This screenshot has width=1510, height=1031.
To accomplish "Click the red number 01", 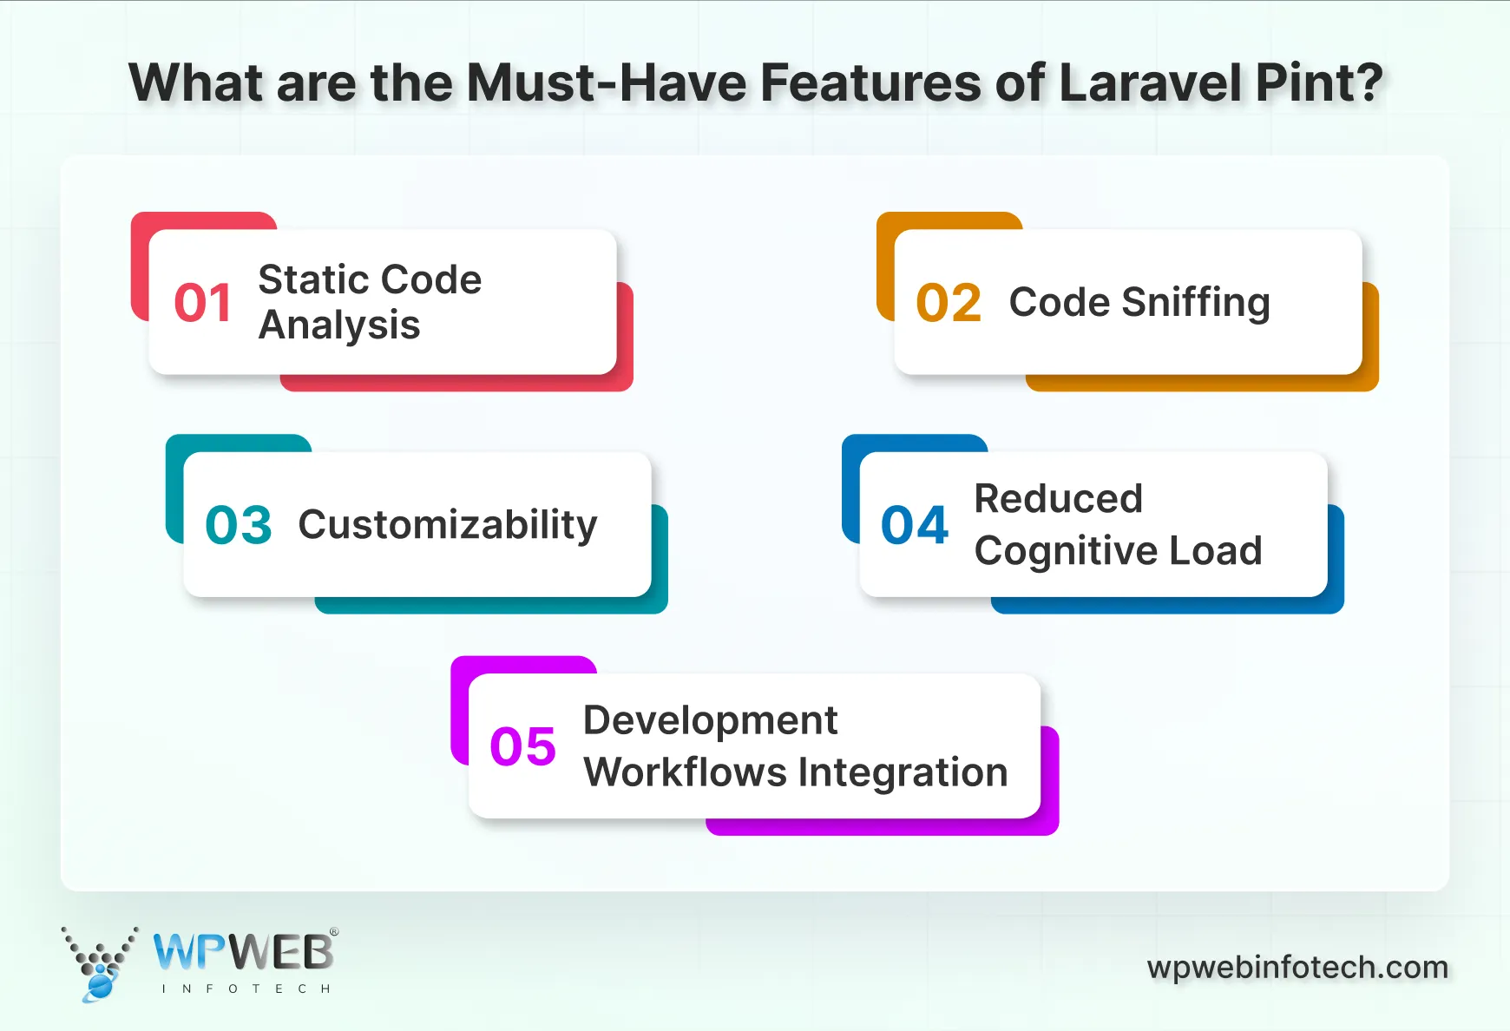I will pyautogui.click(x=203, y=303).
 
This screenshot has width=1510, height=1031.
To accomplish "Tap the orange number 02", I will pyautogui.click(x=949, y=303).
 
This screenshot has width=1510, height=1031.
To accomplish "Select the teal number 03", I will pyautogui.click(x=239, y=525).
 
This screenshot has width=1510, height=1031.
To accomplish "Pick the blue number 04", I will pyautogui.click(x=915, y=525).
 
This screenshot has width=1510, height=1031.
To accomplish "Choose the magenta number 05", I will pyautogui.click(x=522, y=746).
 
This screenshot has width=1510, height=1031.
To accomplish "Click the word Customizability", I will pyautogui.click(x=448, y=524).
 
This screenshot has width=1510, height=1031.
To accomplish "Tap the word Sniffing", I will pyautogui.click(x=1195, y=303).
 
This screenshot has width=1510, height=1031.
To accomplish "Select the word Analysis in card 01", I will pyautogui.click(x=339, y=325).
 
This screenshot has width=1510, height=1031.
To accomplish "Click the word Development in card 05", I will pyautogui.click(x=710, y=720).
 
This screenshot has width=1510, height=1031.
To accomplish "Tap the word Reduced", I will pyautogui.click(x=1058, y=499).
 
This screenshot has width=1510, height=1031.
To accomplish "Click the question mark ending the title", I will pyautogui.click(x=1367, y=83).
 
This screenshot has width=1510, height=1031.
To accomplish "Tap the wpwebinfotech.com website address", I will pyautogui.click(x=1297, y=967).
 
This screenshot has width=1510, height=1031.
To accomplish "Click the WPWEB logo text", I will pyautogui.click(x=243, y=953).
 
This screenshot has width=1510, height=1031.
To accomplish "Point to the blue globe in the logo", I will pyautogui.click(x=100, y=985).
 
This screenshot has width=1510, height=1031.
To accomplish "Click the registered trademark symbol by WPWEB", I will pyautogui.click(x=334, y=932).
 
